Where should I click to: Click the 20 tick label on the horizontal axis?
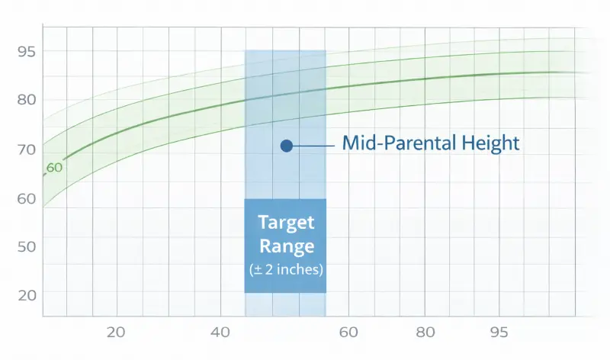(116, 333)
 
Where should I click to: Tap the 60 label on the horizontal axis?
(348, 333)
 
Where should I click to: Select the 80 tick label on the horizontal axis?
(425, 333)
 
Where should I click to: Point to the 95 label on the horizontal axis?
(499, 333)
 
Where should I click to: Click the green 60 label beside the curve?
(54, 168)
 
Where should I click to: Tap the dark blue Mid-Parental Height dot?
(287, 146)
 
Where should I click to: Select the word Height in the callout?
(494, 143)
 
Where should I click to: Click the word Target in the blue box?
(286, 223)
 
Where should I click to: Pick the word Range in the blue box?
(286, 246)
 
